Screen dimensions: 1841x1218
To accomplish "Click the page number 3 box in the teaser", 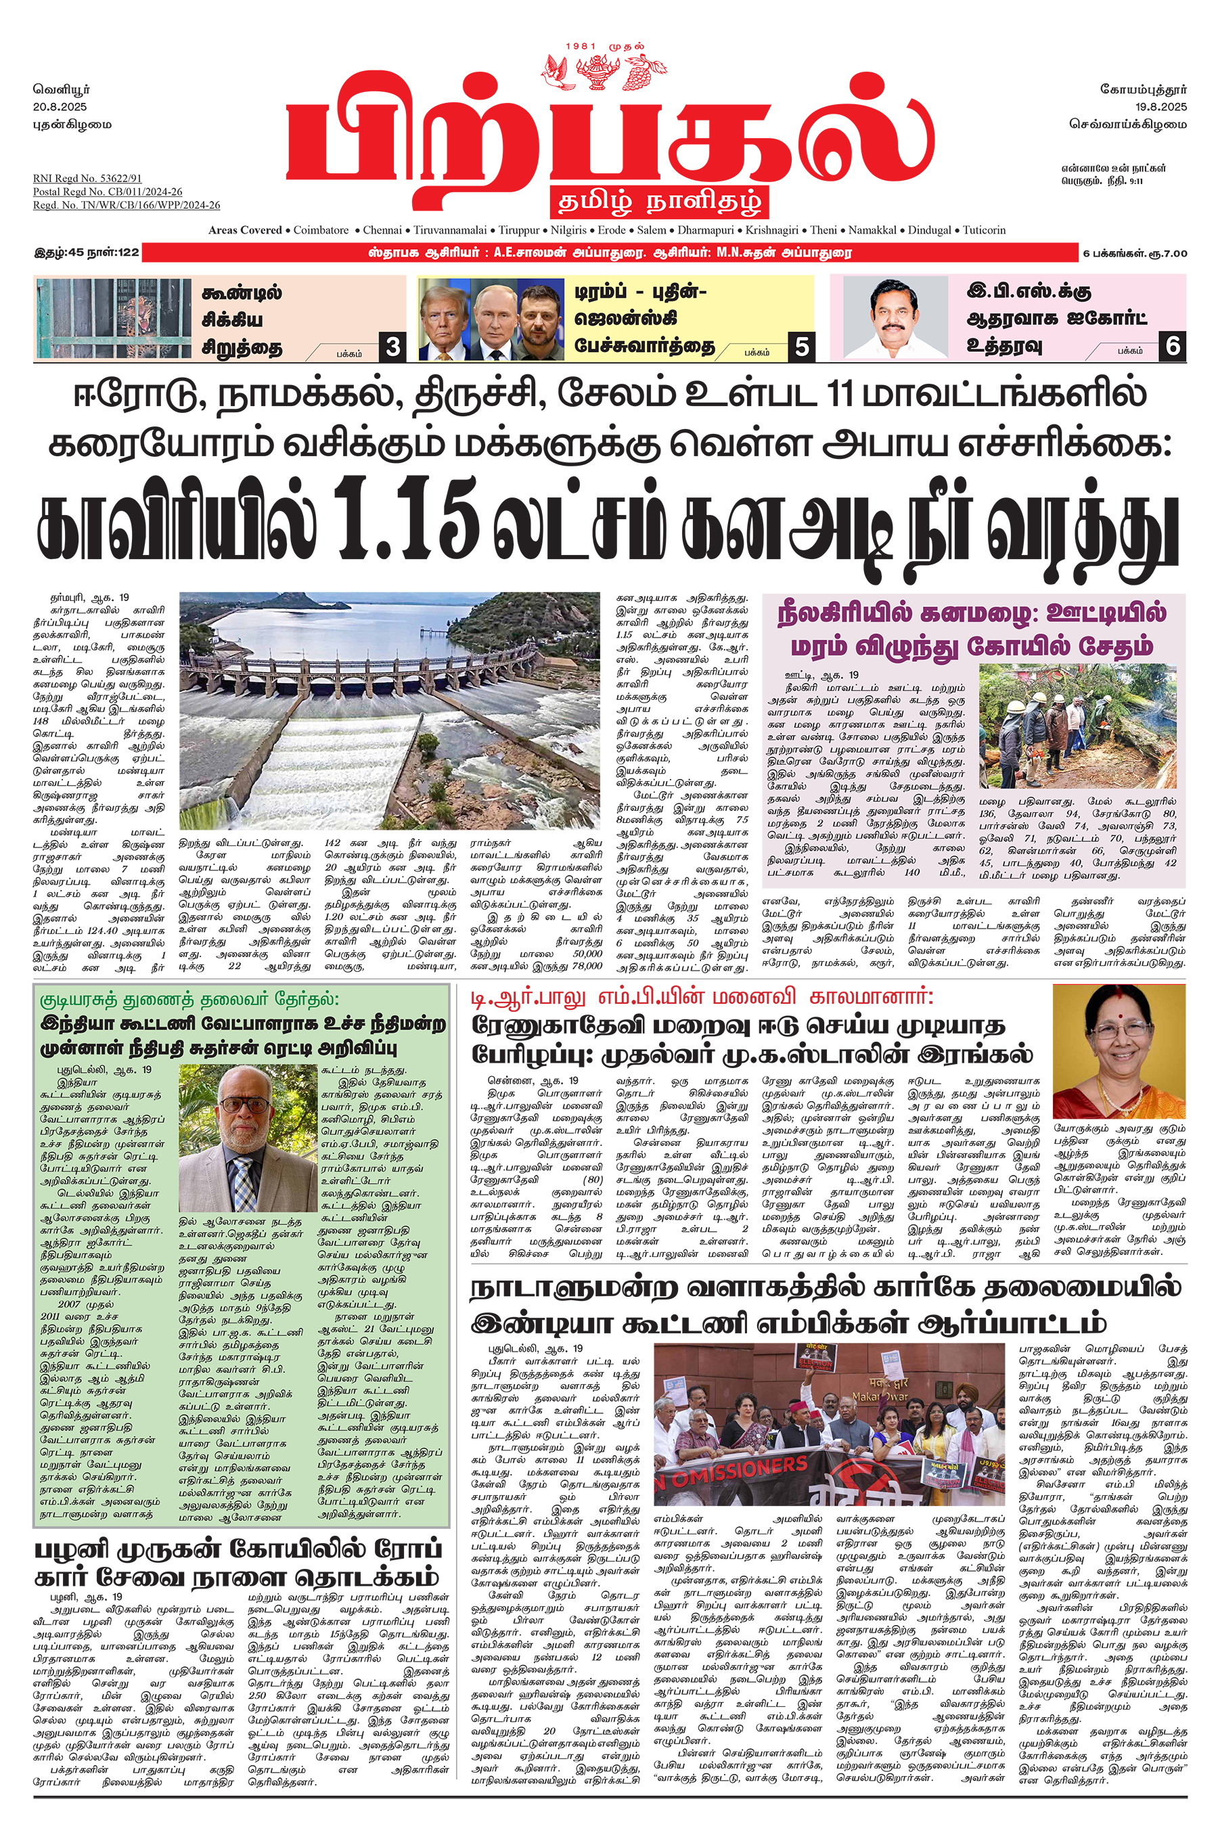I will [x=392, y=347].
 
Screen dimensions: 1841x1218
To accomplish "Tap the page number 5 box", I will [x=801, y=347].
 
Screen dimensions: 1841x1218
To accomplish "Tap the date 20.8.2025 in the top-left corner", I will [x=60, y=106].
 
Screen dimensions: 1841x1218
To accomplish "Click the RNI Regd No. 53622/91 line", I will [x=87, y=179].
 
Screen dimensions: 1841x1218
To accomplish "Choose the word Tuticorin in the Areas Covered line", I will [x=984, y=230].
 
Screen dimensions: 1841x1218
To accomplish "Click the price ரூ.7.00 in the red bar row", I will [x=1171, y=253].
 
